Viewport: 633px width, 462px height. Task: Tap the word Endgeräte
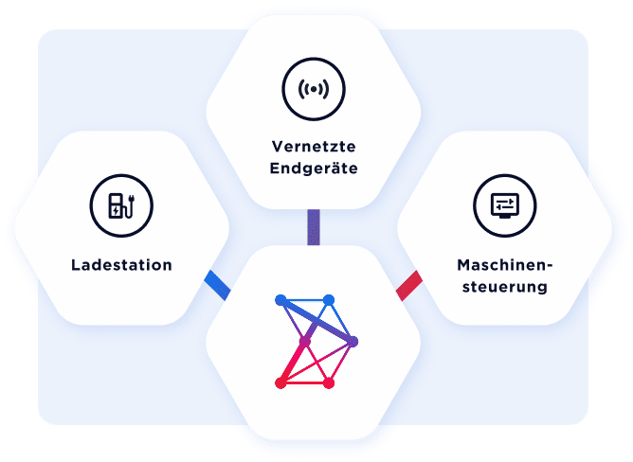tap(314, 169)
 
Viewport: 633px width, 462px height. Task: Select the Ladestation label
tap(121, 264)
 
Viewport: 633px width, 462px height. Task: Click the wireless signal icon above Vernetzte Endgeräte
tap(314, 89)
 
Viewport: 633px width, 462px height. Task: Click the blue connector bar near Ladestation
tap(218, 283)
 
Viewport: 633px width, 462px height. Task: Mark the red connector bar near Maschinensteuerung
tap(408, 285)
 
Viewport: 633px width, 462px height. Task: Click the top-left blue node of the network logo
tap(280, 300)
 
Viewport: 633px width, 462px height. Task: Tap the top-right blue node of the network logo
tap(329, 300)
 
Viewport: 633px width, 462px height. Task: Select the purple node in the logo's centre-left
tap(305, 341)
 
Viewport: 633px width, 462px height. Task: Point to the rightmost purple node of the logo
tap(353, 341)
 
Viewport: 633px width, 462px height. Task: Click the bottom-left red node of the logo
tap(280, 382)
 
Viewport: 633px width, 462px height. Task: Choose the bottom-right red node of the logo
tap(329, 382)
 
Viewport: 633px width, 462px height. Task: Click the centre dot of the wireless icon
tap(314, 89)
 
